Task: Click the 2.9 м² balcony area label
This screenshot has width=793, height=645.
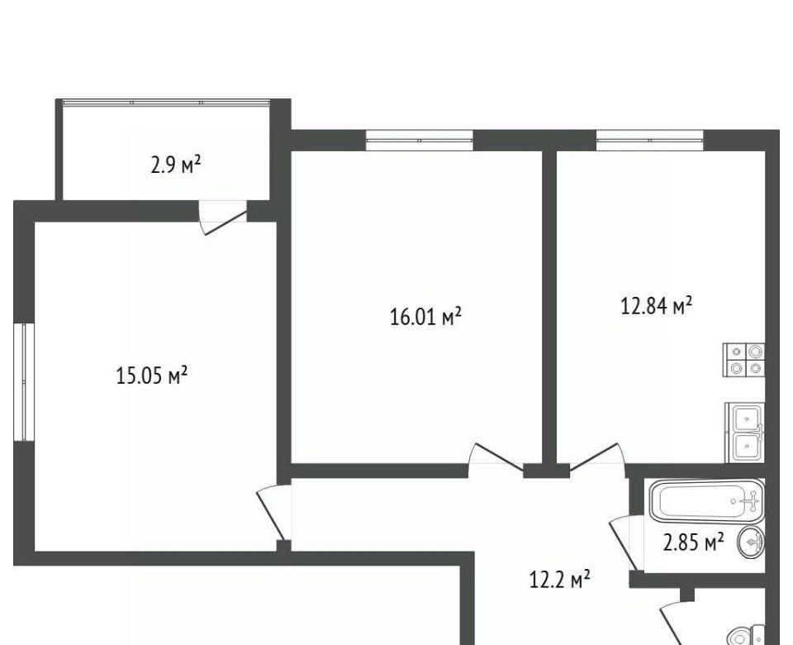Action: [175, 165]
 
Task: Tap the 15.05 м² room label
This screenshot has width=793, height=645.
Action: [152, 375]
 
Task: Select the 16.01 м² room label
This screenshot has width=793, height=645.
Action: [425, 317]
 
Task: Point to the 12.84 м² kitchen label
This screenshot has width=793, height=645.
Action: [656, 306]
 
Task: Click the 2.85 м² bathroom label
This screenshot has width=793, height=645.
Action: [693, 542]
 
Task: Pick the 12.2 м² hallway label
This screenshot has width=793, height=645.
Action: [559, 579]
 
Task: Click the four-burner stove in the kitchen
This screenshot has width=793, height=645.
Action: [744, 360]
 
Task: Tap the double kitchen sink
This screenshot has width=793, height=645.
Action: [745, 432]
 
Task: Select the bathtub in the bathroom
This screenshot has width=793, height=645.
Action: [706, 501]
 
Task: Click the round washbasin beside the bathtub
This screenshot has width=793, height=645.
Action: [751, 542]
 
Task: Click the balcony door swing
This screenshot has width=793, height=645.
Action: [223, 217]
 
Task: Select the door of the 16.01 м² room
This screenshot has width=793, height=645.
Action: [496, 459]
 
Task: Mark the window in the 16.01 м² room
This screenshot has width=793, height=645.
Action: [420, 141]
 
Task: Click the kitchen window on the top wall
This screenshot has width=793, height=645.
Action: [650, 141]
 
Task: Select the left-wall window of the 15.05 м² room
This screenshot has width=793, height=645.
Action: [24, 382]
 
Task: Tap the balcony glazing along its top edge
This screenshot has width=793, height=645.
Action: [166, 103]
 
